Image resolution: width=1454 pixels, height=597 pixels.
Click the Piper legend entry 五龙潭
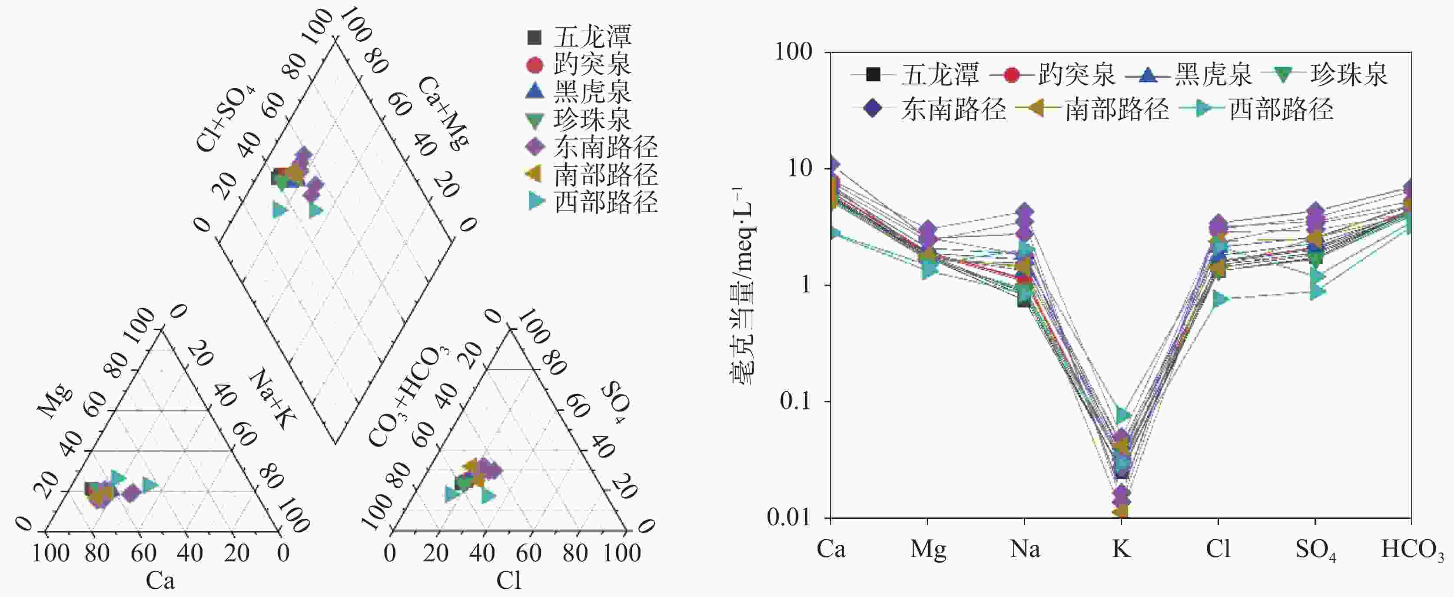click(x=591, y=37)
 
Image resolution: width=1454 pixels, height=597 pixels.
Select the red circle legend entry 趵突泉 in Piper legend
click(x=591, y=65)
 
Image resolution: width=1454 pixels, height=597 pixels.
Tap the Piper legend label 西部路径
click(x=605, y=202)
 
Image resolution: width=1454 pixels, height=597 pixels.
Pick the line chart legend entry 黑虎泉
click(x=1212, y=74)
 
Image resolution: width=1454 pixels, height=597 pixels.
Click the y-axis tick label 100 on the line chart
click(x=793, y=52)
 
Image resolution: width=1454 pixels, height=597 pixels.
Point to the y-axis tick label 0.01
click(x=790, y=517)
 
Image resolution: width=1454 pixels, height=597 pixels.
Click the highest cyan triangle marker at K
click(x=1123, y=415)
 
